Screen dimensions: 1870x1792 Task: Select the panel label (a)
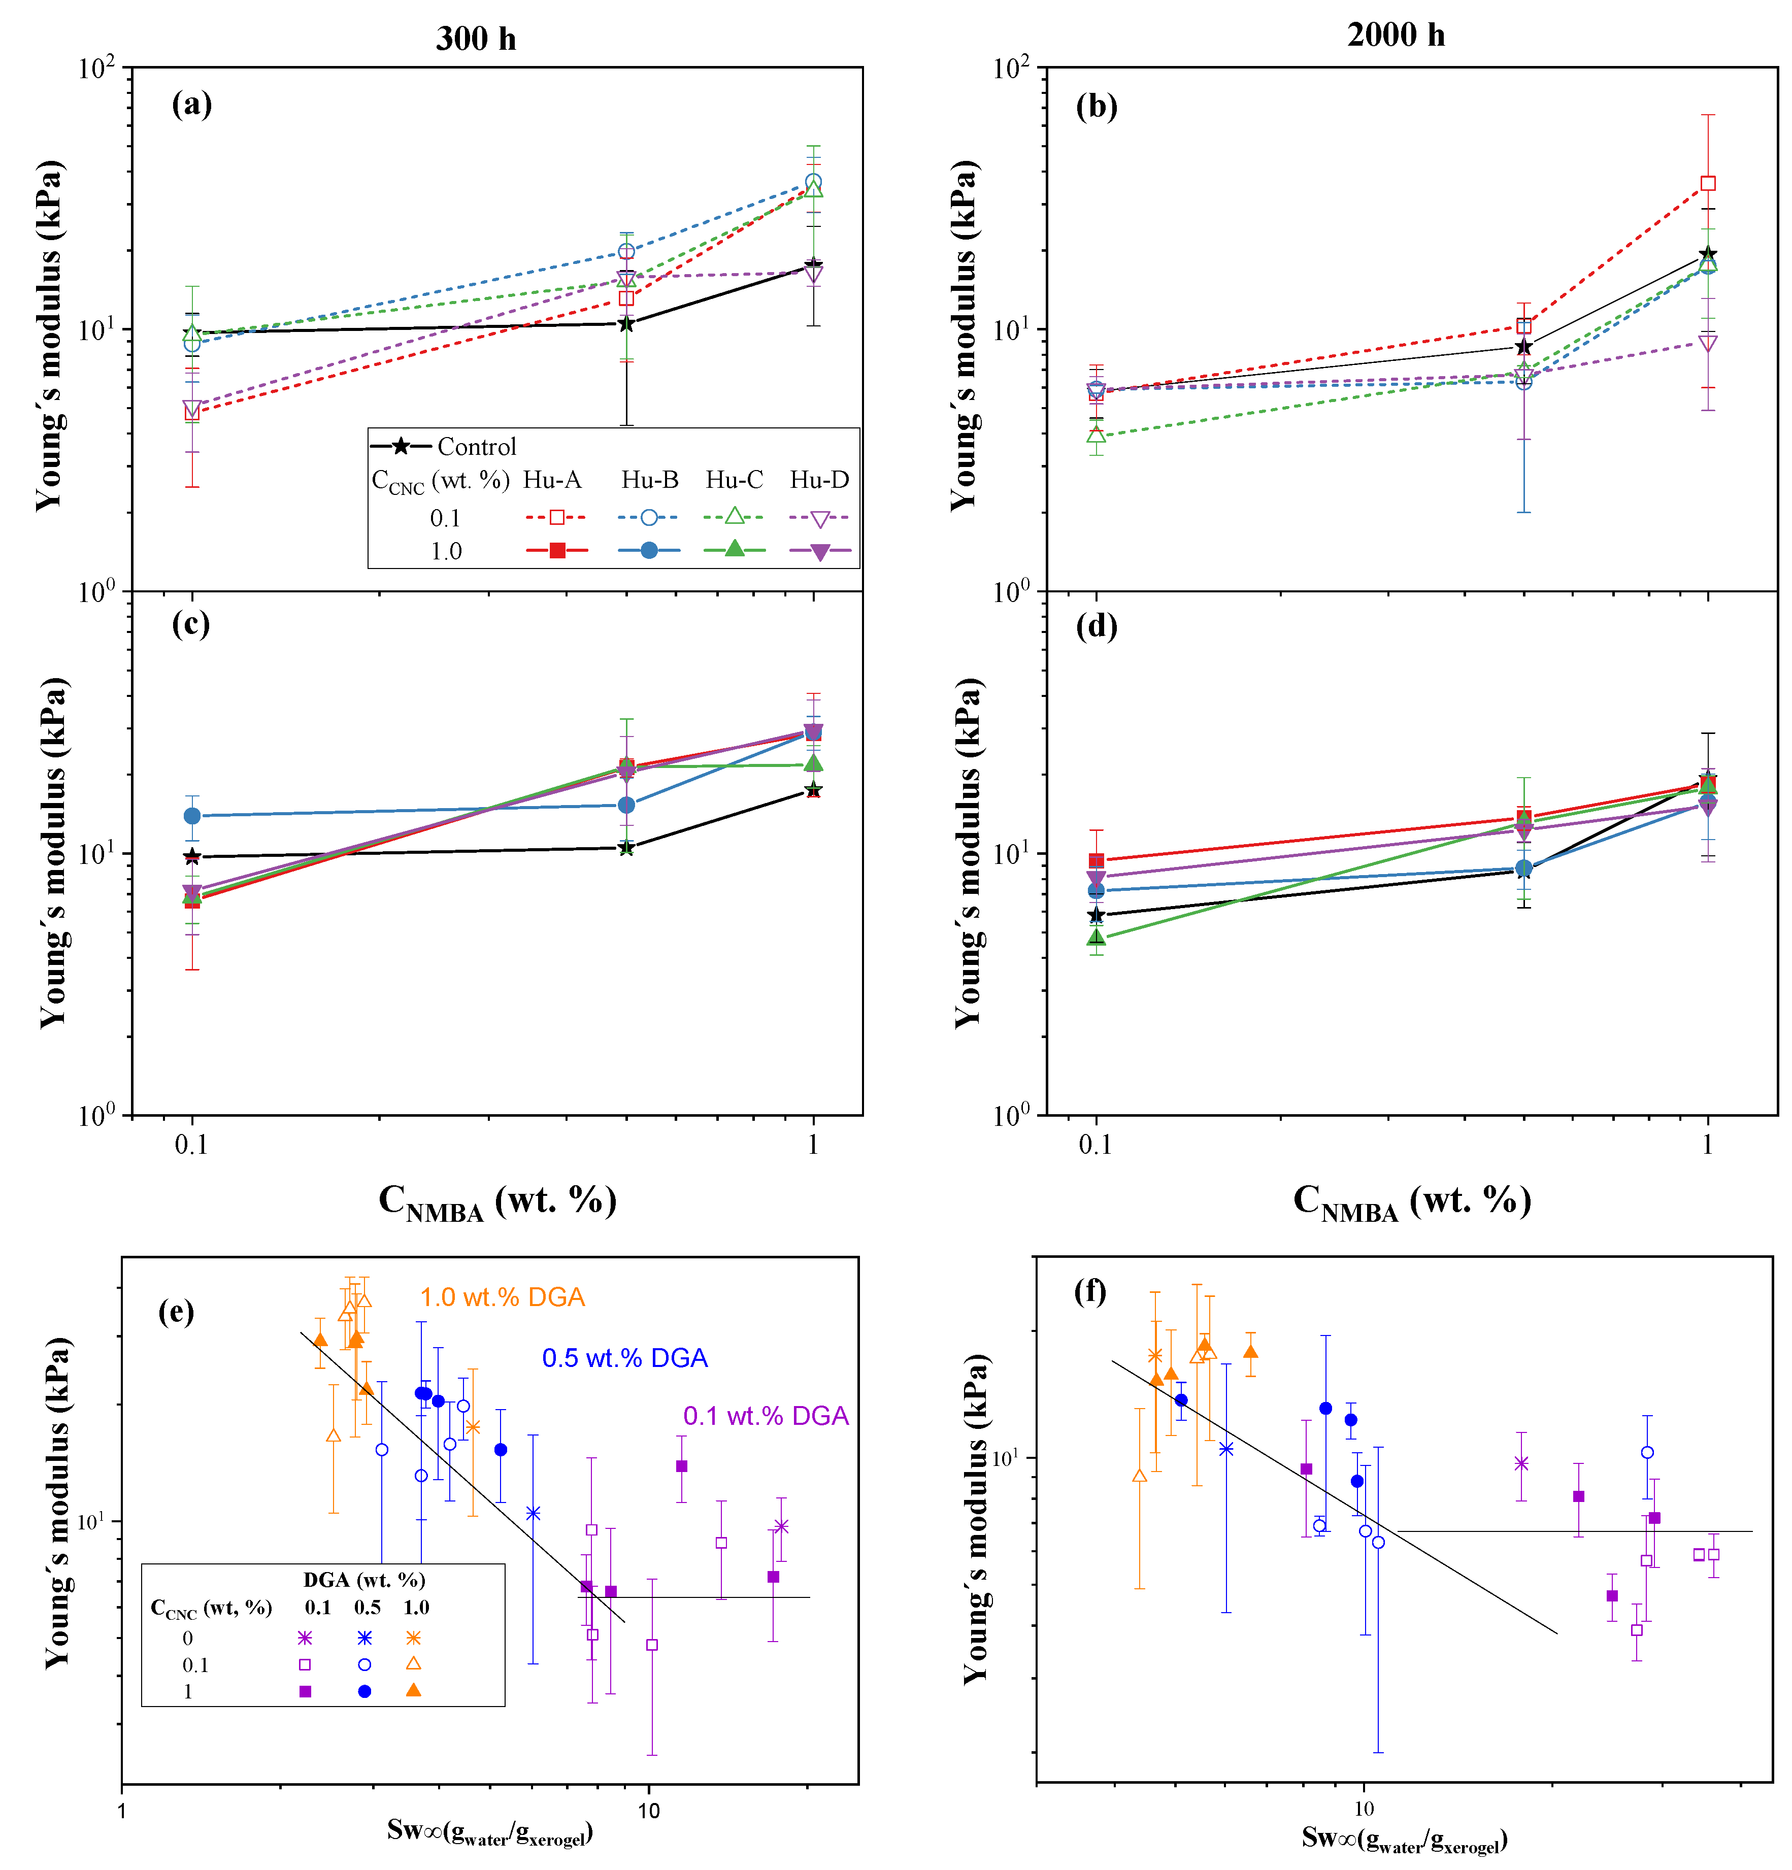pyautogui.click(x=192, y=103)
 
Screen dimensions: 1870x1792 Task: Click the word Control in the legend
pyautogui.click(x=476, y=447)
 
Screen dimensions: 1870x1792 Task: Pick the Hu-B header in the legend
pyautogui.click(x=650, y=480)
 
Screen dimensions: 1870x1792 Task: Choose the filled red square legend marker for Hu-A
pyautogui.click(x=556, y=551)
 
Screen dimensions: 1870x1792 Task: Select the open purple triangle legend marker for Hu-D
pyautogui.click(x=820, y=519)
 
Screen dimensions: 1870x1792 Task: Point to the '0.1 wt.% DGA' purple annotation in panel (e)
pyautogui.click(x=765, y=1416)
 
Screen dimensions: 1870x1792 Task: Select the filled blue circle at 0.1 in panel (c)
pyautogui.click(x=193, y=816)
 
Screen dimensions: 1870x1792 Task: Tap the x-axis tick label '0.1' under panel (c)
pyautogui.click(x=192, y=1144)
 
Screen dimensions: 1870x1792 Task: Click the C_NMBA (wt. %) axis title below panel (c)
pyautogui.click(x=497, y=1201)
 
